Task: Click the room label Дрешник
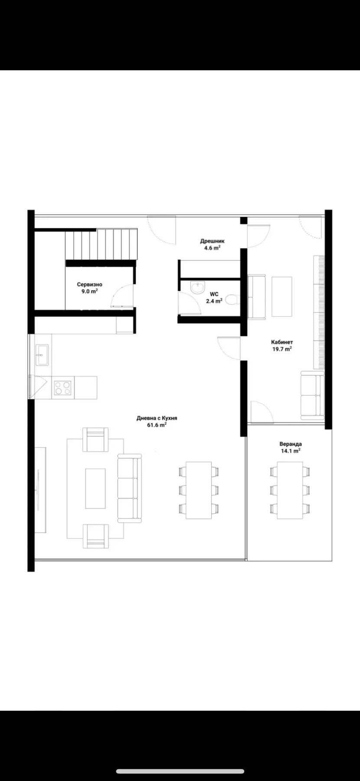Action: (212, 241)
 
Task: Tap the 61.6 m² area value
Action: (157, 425)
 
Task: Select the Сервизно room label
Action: (90, 285)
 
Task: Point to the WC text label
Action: (214, 294)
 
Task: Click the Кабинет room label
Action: (282, 342)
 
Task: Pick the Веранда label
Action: (291, 444)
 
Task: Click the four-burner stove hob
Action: (62, 387)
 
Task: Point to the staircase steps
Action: (101, 245)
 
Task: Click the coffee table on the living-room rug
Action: (95, 488)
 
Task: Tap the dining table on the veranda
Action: (290, 490)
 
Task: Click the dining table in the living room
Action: (199, 490)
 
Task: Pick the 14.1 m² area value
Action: (291, 451)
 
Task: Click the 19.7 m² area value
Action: (282, 349)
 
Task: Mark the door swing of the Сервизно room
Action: (122, 295)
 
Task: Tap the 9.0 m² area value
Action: (90, 292)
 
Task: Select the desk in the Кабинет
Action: (282, 296)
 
